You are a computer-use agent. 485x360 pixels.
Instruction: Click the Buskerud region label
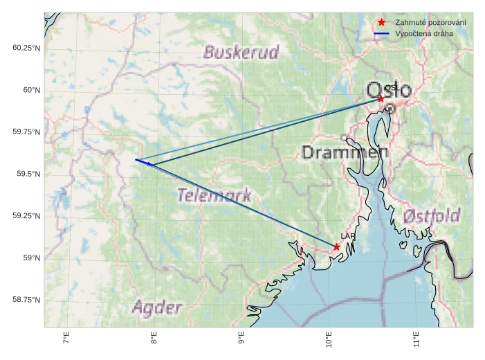click(x=241, y=53)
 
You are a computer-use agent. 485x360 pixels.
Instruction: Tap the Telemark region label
click(x=214, y=196)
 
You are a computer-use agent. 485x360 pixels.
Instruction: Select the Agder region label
click(x=157, y=307)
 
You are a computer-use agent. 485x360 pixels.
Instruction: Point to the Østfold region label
click(x=432, y=216)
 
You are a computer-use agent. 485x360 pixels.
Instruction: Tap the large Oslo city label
click(x=388, y=90)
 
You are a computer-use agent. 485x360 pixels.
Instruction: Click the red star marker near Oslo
click(x=381, y=99)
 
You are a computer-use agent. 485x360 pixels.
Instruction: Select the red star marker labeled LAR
click(x=336, y=246)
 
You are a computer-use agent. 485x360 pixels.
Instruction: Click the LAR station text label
click(x=347, y=237)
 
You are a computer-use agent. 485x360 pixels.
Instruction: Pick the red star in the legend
click(x=381, y=23)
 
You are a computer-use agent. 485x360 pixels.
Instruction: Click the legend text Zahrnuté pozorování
click(x=430, y=23)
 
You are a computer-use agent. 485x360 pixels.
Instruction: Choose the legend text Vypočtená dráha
click(x=425, y=33)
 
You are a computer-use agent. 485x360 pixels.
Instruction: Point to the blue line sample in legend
click(x=381, y=33)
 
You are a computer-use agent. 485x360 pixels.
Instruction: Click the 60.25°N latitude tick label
click(x=26, y=48)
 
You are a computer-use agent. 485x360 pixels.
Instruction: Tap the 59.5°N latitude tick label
click(x=28, y=174)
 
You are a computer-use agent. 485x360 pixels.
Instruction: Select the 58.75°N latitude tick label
click(x=26, y=300)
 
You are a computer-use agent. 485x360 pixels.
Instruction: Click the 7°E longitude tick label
click(x=66, y=339)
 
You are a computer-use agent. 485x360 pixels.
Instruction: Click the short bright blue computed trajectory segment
click(x=143, y=162)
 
